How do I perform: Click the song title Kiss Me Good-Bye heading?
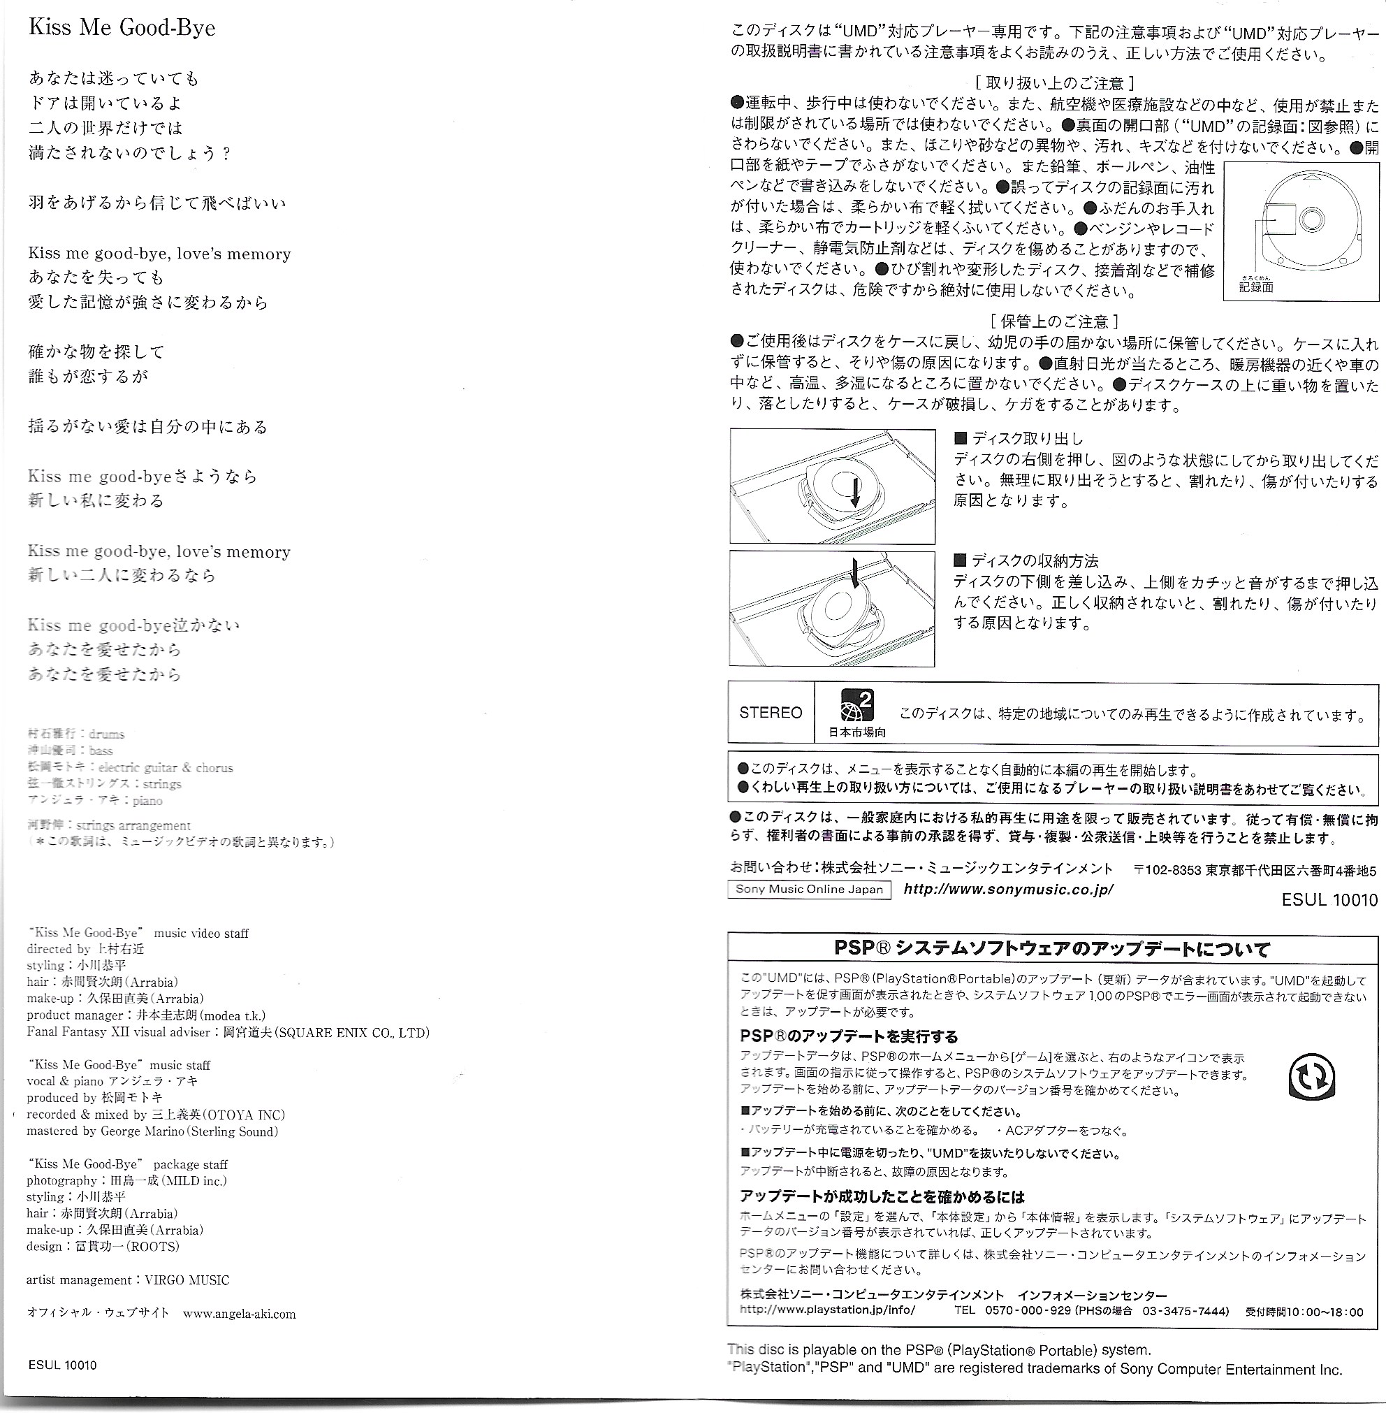122,28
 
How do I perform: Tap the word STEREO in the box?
770,712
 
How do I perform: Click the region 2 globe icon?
856,705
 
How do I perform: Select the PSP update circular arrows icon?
1311,1078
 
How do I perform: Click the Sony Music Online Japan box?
809,890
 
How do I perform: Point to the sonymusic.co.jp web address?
1008,890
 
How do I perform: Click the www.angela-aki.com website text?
240,1314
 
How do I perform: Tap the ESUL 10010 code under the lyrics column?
62,1365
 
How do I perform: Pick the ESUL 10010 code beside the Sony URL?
1329,899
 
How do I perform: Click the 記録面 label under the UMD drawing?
1257,287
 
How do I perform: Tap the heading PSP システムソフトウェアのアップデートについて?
1052,949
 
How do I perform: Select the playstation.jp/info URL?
827,1310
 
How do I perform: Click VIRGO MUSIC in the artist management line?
187,1280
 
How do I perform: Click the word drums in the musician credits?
106,734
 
